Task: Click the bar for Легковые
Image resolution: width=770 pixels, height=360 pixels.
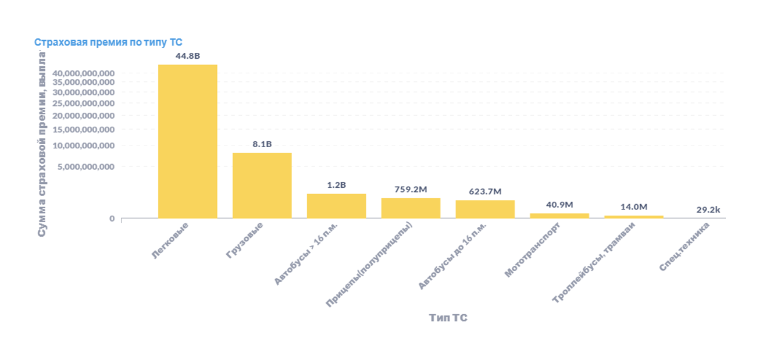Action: [x=187, y=141]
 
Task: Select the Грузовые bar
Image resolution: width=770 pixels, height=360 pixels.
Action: [x=262, y=186]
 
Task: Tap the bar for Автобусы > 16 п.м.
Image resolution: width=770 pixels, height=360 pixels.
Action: [x=336, y=206]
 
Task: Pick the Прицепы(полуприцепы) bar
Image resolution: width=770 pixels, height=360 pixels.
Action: [x=411, y=208]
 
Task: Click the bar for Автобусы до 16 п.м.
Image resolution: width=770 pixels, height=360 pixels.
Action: [x=485, y=209]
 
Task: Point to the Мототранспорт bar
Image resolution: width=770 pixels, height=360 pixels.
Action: [x=559, y=215]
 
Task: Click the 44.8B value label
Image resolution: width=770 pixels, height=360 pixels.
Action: [x=187, y=56]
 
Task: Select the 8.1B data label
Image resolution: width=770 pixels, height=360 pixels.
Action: [x=262, y=144]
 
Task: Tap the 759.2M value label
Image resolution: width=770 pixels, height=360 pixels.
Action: [x=411, y=189]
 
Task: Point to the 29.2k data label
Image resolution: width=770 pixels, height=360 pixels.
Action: [x=708, y=210]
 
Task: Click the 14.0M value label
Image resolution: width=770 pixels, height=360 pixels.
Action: [x=634, y=206]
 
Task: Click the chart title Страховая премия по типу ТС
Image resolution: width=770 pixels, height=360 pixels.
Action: [x=108, y=42]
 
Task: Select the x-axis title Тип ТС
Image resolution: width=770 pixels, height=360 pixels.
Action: [x=448, y=318]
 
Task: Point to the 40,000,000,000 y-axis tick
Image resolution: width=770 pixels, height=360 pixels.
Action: [x=83, y=73]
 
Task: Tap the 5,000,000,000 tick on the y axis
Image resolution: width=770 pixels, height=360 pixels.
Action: [x=86, y=167]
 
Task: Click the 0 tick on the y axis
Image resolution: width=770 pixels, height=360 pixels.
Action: [x=112, y=219]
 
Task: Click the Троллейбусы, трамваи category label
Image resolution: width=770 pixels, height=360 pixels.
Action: [x=594, y=262]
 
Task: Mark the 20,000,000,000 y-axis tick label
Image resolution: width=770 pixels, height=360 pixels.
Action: [x=83, y=116]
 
